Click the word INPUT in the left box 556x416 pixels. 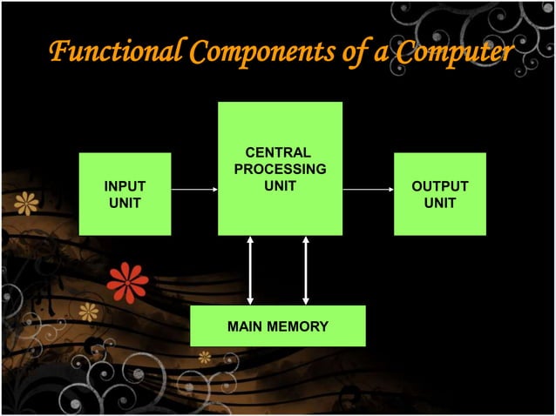click(x=125, y=186)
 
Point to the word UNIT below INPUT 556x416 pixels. click(x=125, y=203)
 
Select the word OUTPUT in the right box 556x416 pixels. click(x=439, y=186)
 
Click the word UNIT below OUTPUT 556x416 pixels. click(x=439, y=203)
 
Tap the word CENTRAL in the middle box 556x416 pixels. click(x=279, y=153)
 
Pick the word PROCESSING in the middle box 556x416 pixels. click(x=279, y=169)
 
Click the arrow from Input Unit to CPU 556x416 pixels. click(x=193, y=188)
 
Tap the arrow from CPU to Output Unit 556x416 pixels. click(x=367, y=188)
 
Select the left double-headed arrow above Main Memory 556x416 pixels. click(x=251, y=270)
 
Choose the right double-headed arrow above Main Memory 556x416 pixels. click(x=306, y=270)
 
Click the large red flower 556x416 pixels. click(x=128, y=282)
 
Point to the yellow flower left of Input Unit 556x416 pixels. click(x=27, y=204)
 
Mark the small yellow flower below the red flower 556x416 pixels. click(x=89, y=312)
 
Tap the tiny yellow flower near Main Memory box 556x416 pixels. click(x=205, y=357)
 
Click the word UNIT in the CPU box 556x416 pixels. click(x=279, y=185)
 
